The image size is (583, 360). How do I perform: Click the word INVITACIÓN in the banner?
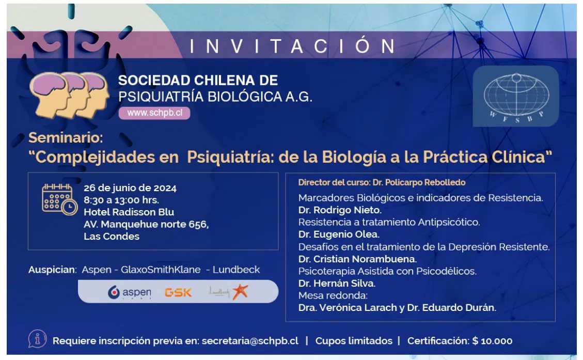292,46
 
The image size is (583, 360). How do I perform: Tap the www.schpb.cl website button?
154,113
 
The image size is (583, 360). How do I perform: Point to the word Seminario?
66,138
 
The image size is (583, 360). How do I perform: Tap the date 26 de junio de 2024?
130,188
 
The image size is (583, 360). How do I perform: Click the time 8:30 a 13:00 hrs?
121,200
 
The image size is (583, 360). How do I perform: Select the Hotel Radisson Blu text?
129,212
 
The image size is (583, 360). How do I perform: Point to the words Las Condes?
112,237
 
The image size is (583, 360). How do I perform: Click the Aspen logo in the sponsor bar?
130,292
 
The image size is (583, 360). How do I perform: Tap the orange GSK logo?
178,292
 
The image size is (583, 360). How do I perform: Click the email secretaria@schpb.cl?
250,341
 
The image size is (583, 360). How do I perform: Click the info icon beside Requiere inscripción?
37,339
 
